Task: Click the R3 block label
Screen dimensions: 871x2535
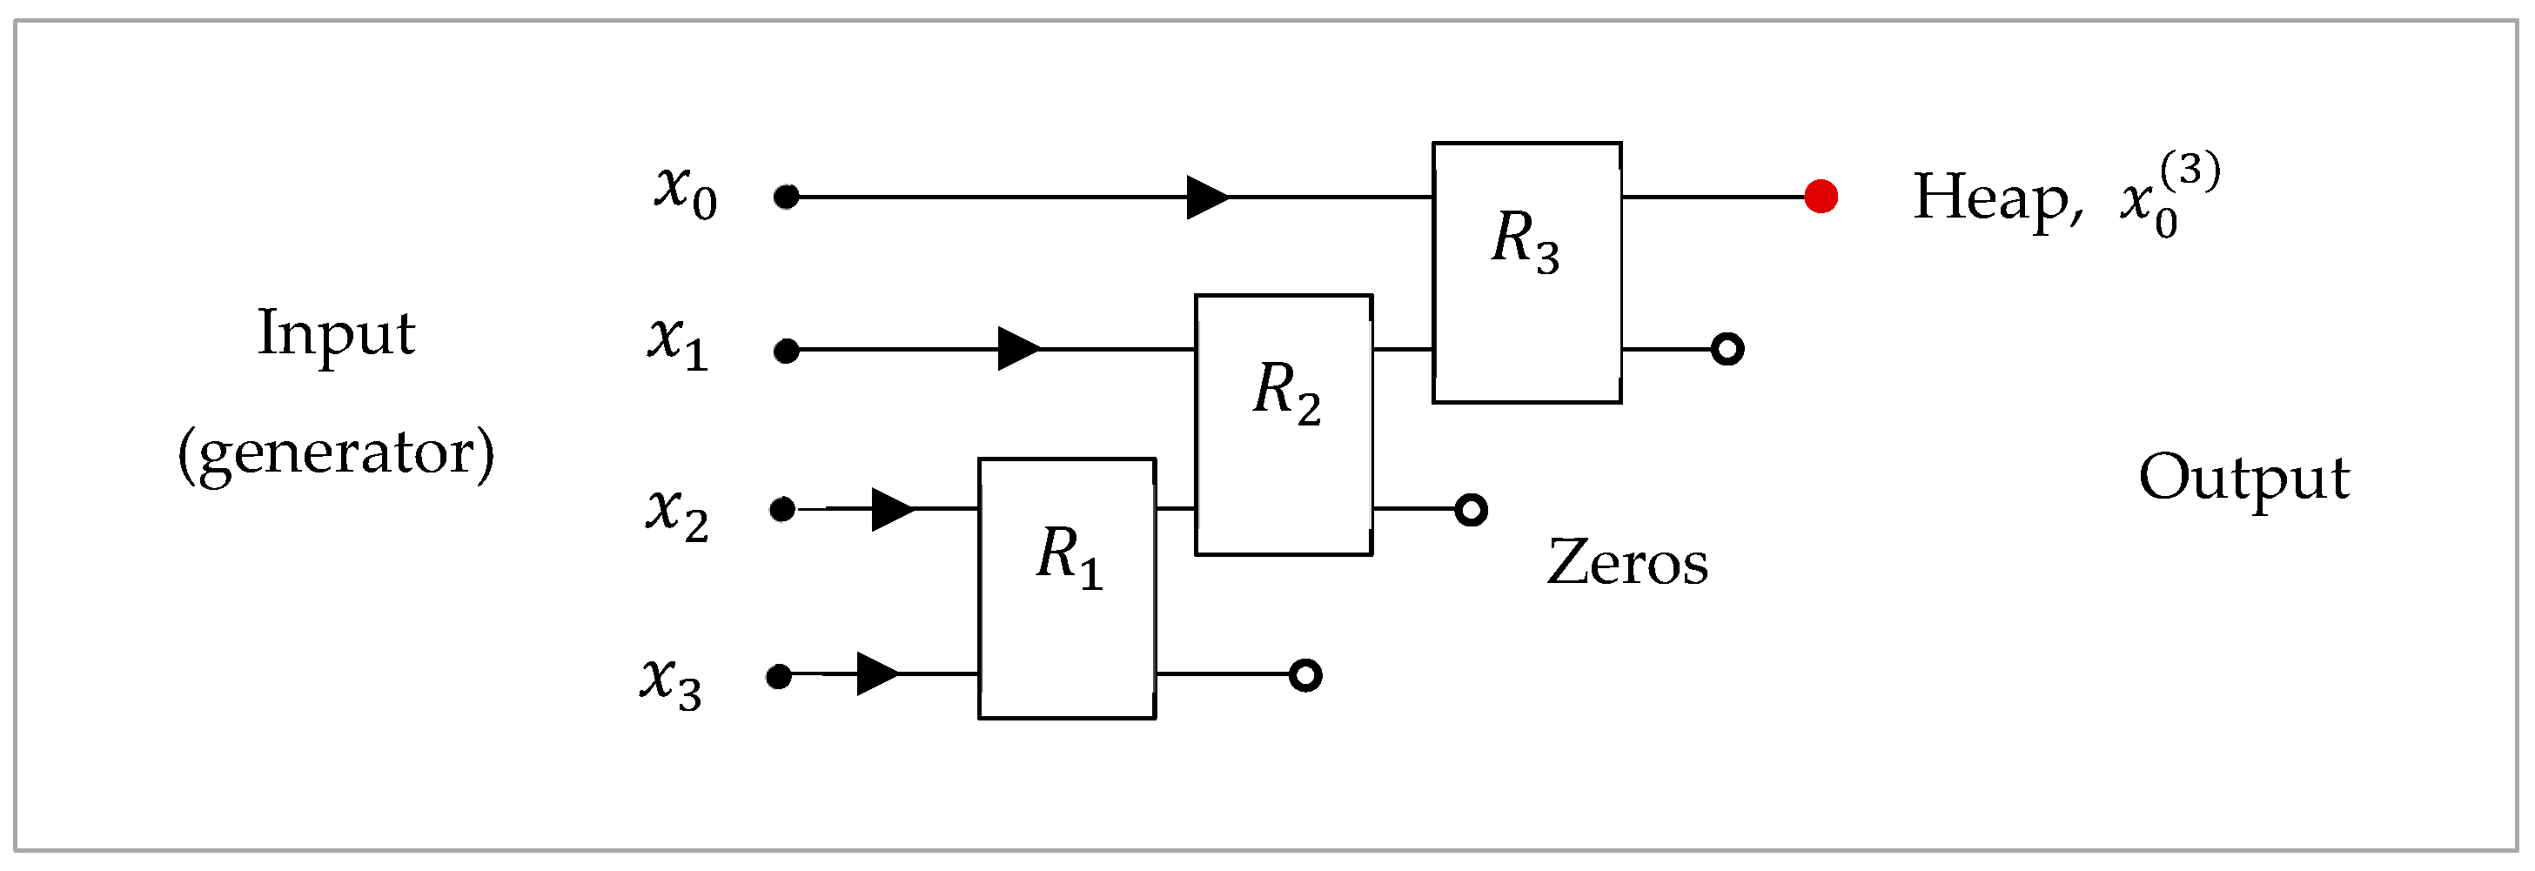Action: [1525, 240]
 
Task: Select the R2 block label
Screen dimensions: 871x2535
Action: [1286, 391]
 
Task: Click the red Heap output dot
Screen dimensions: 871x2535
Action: [1821, 196]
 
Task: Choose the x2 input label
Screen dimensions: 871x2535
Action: [677, 513]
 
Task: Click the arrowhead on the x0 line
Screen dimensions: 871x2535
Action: [1206, 197]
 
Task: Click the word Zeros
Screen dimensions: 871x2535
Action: [1626, 563]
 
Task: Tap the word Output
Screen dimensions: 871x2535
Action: [2243, 479]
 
